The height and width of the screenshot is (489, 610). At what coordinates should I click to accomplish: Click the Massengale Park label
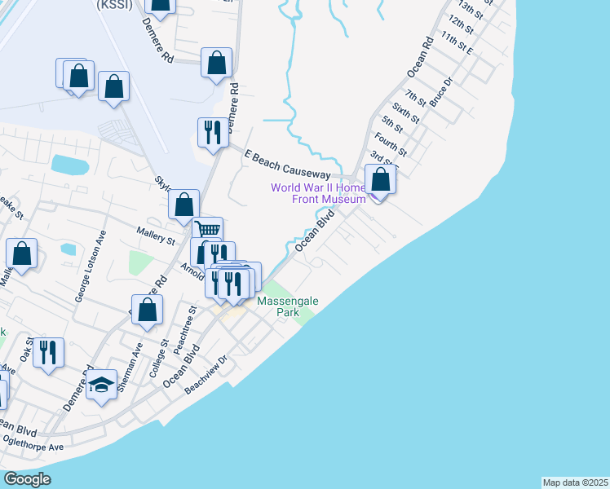[288, 306]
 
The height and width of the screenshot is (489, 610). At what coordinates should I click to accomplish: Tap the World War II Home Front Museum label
[318, 193]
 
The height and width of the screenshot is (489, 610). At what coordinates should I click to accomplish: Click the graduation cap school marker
[100, 385]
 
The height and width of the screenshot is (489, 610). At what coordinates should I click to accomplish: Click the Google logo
[27, 479]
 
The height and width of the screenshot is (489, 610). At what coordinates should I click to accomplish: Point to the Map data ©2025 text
[575, 482]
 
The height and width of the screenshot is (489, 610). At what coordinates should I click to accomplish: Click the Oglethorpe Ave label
[33, 443]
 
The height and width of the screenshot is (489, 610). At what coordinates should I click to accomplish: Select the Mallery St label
[156, 236]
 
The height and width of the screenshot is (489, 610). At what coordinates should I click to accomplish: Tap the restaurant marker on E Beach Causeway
[213, 133]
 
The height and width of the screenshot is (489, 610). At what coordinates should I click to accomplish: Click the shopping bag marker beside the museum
[380, 179]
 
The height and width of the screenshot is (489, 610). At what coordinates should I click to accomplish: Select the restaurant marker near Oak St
[49, 353]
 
